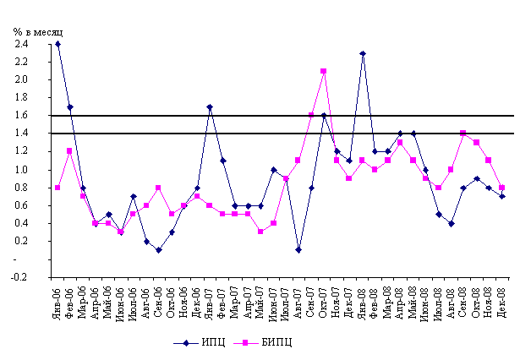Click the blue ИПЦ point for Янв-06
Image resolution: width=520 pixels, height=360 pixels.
(57, 44)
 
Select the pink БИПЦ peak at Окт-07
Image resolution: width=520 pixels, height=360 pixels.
(324, 71)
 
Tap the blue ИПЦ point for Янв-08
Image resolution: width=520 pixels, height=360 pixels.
(362, 53)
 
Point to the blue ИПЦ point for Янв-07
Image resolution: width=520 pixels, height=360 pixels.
(210, 107)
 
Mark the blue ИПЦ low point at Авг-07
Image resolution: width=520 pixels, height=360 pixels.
(298, 250)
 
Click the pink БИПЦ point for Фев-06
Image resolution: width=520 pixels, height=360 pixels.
(70, 151)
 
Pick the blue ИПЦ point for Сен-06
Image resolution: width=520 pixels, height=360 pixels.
(159, 250)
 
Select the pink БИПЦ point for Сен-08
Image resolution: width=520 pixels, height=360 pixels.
(463, 134)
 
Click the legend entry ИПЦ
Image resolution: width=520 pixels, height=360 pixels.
(206, 342)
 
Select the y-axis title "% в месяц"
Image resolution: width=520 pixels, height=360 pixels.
(39, 31)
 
